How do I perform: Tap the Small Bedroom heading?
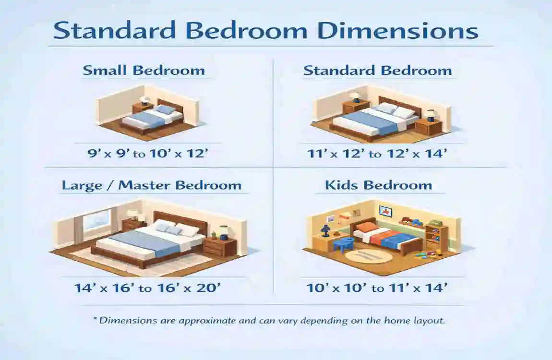144,71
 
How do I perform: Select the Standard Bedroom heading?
377,71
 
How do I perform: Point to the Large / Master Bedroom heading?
152,185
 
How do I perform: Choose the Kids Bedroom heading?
378,185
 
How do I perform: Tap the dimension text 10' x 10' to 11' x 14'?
377,288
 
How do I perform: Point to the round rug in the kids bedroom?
369,255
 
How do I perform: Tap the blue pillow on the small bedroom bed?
166,110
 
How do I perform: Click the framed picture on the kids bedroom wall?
385,211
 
